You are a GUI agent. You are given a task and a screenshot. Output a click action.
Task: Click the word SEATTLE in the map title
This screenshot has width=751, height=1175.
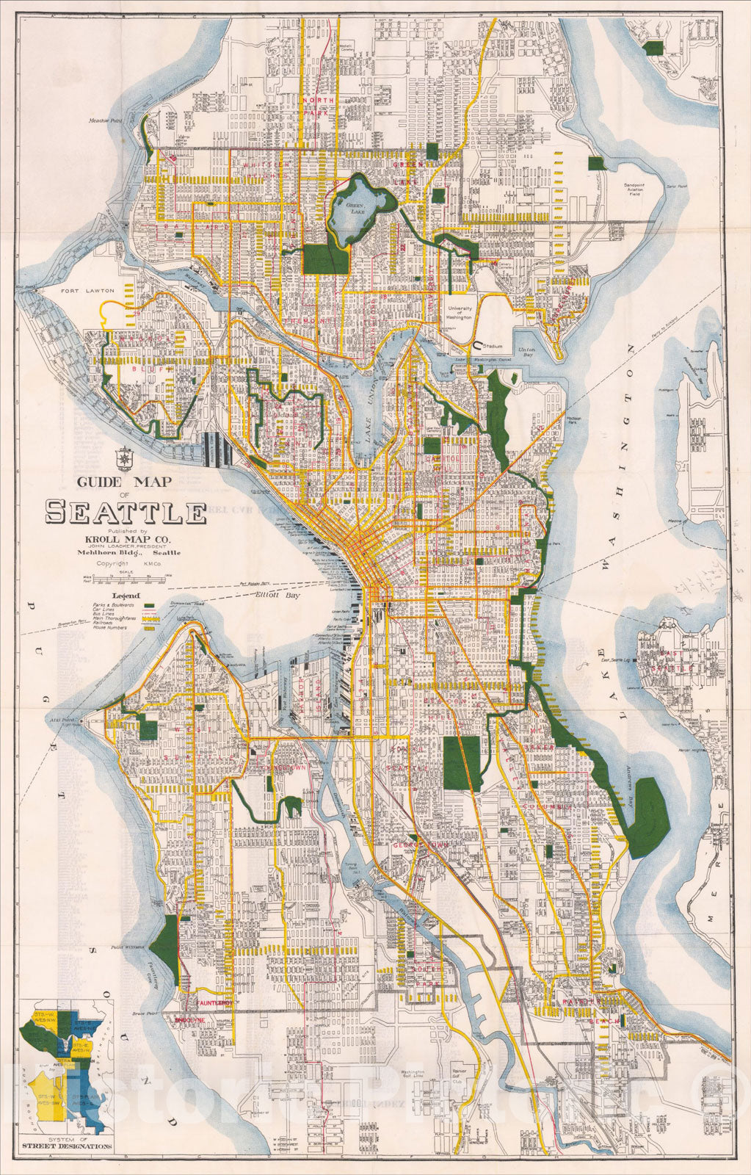(x=126, y=512)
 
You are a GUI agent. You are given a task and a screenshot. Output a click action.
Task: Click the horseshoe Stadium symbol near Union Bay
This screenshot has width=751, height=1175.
(x=478, y=343)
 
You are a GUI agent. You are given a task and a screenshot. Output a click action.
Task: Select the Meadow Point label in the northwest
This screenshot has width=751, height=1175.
(x=104, y=120)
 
